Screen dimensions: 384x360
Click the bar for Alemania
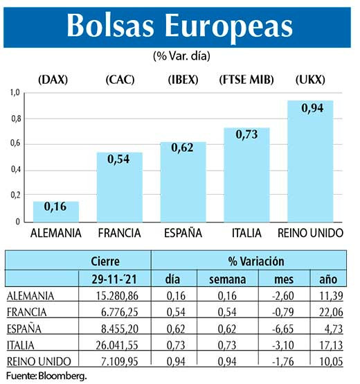click(56, 211)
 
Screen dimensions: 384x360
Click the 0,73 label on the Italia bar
click(246, 135)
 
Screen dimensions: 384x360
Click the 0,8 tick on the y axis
click(16, 119)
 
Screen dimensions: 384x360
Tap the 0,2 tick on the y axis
click(16, 196)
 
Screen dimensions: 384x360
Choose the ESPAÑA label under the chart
click(183, 233)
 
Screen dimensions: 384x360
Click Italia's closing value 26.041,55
click(112, 344)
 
